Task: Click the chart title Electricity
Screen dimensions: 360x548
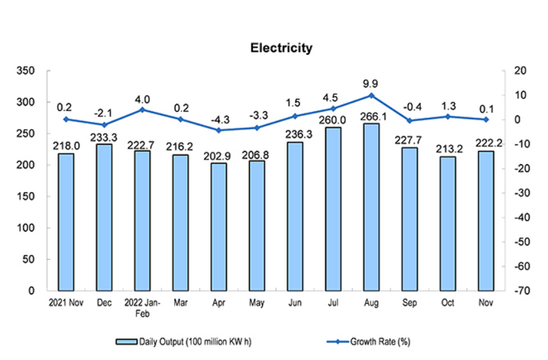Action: [x=281, y=48]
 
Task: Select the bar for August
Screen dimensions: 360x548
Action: [x=371, y=206]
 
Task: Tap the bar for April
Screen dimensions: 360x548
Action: [x=218, y=226]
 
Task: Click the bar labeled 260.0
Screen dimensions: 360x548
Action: [x=333, y=208]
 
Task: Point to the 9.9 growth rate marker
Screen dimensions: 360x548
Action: [x=371, y=95]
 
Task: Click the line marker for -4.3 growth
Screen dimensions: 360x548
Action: [x=218, y=130]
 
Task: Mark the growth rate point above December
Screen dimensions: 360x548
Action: [x=104, y=125]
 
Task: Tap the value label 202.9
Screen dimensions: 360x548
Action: [x=218, y=156]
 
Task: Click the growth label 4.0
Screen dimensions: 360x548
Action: [x=142, y=100]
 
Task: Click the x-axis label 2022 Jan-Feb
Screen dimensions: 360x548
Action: [x=142, y=308]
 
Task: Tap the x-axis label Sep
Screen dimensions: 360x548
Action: [x=410, y=303]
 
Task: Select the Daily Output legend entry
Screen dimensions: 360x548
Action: [x=183, y=342]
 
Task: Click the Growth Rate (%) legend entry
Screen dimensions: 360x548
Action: [x=368, y=342]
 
